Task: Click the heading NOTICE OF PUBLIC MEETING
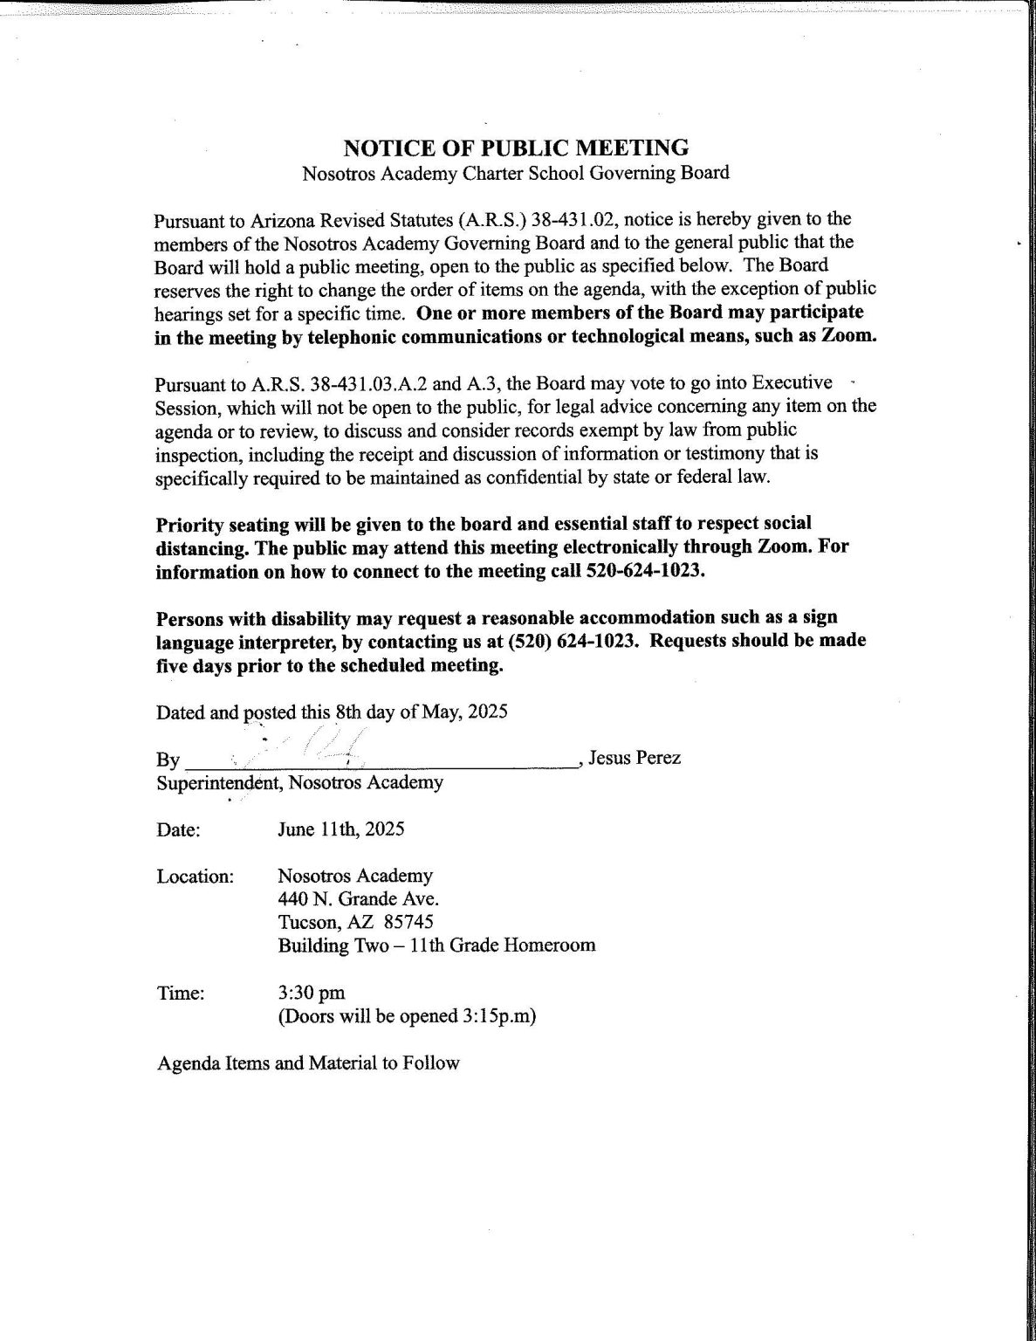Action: tap(516, 147)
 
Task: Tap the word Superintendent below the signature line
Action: tap(217, 782)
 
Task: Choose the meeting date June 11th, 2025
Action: tap(340, 829)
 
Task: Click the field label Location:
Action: tap(195, 876)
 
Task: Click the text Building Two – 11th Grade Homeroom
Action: tap(436, 945)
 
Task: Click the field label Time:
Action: tap(181, 993)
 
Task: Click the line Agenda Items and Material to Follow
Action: tap(307, 1063)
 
